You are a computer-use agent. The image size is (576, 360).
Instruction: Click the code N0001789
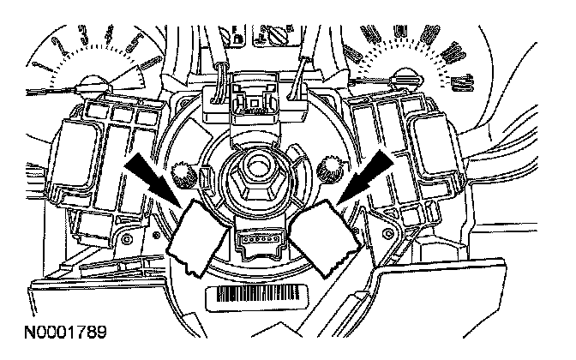(x=55, y=328)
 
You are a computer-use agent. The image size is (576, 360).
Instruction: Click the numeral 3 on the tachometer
(x=83, y=35)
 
